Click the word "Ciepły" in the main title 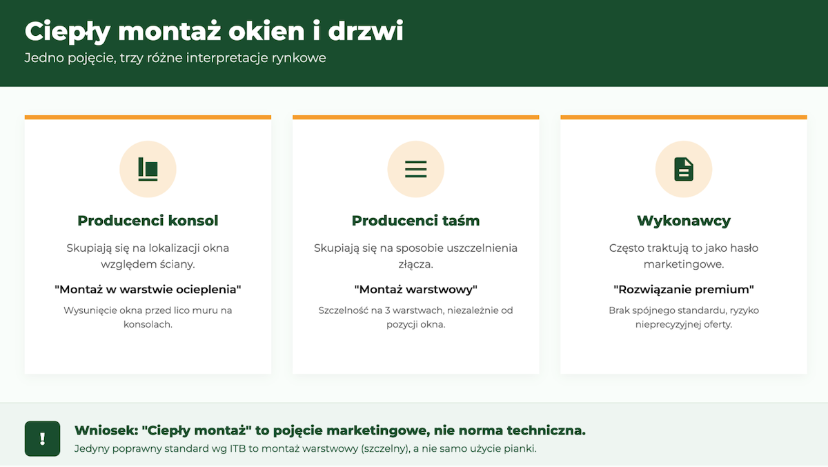(68, 32)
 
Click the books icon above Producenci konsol (148, 169)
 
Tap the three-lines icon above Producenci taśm (415, 169)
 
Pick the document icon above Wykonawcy (684, 169)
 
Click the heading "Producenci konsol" (148, 221)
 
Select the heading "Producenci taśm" (415, 221)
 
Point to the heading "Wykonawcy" (684, 221)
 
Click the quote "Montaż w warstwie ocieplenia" (148, 289)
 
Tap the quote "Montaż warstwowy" (415, 289)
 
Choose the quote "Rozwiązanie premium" (684, 289)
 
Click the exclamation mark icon (43, 439)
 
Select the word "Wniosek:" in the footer (106, 430)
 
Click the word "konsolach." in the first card (148, 324)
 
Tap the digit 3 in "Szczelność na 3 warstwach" (387, 310)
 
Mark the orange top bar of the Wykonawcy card (684, 117)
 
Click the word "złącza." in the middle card (415, 264)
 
